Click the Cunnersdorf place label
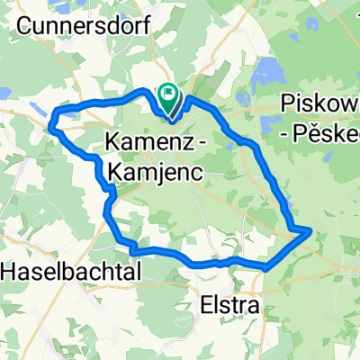pos(86,27)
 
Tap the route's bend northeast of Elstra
pos(267,266)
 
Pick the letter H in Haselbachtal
pos(8,269)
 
